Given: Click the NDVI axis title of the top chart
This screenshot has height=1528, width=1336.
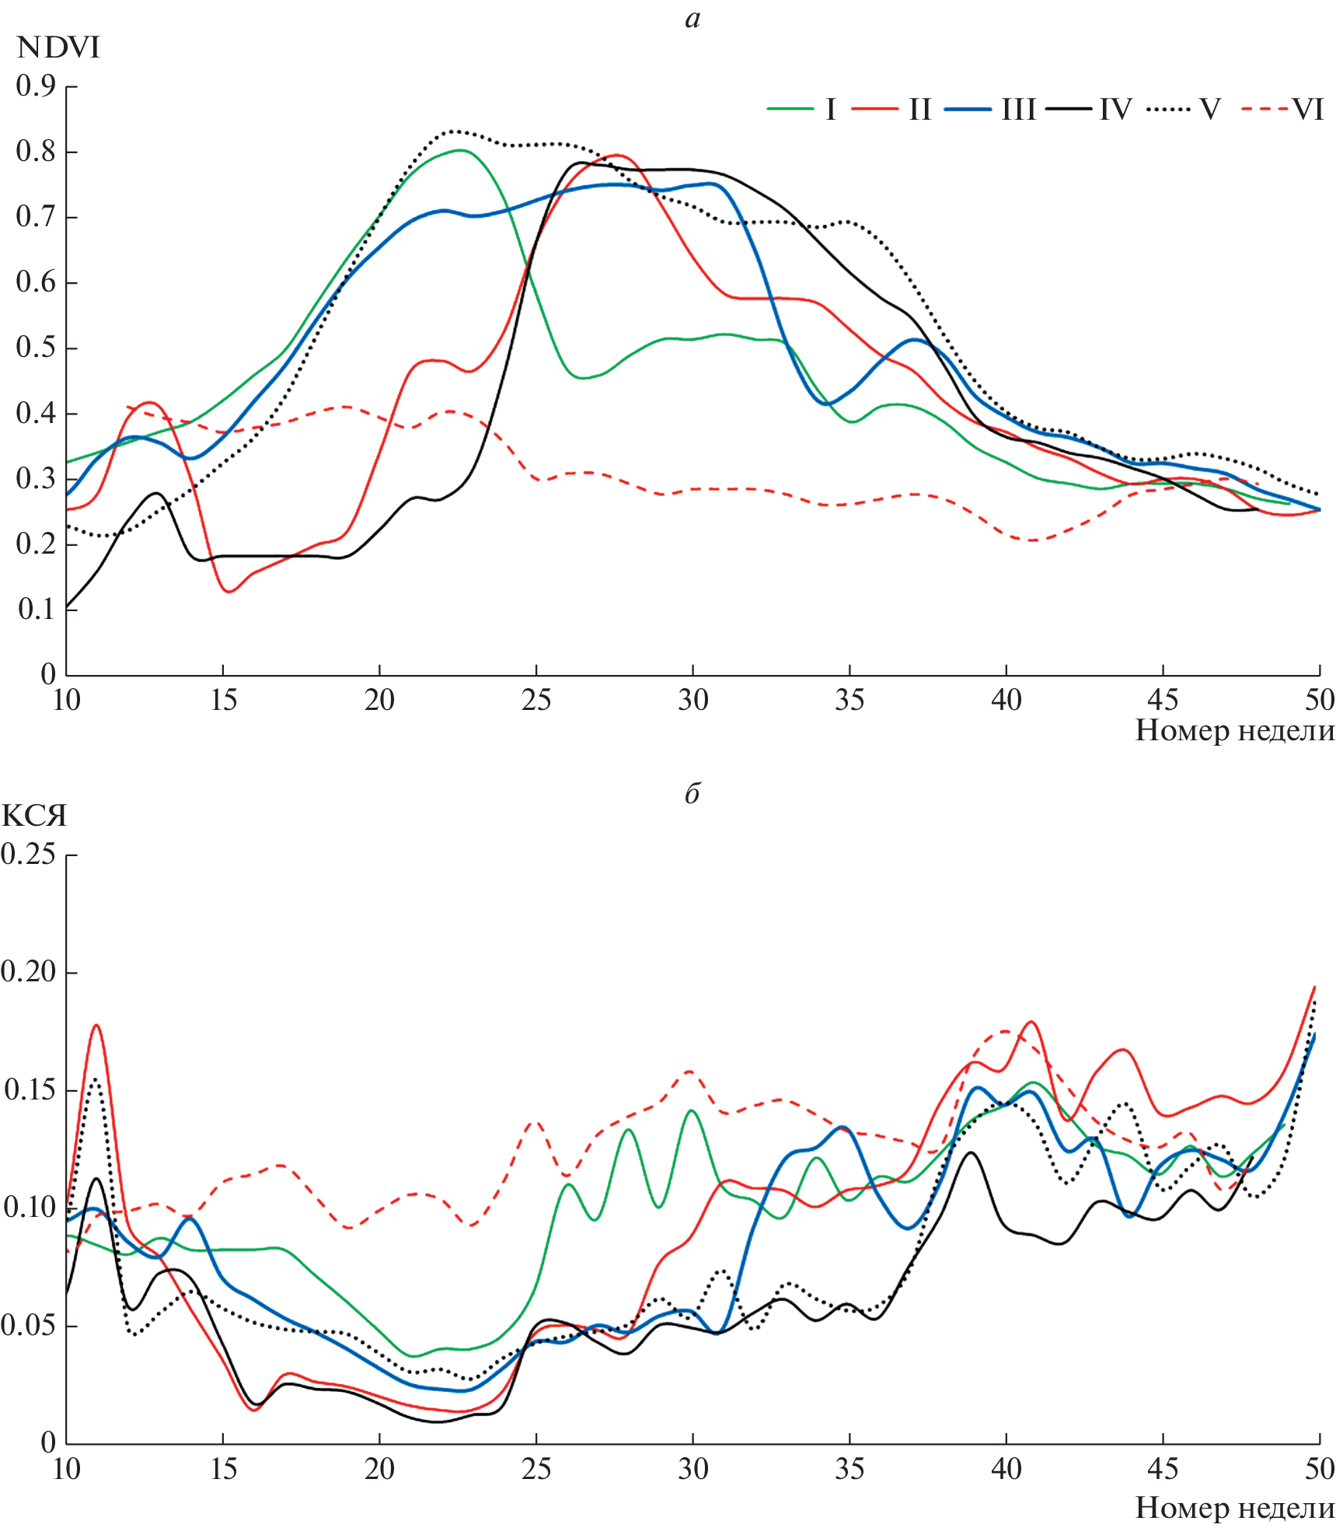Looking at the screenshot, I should click(x=58, y=48).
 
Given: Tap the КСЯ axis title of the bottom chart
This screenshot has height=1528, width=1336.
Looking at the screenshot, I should click(x=34, y=816).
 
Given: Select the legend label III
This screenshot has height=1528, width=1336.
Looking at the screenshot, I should click(x=1019, y=110).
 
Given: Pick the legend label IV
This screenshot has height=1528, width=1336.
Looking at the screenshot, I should click(x=1115, y=110).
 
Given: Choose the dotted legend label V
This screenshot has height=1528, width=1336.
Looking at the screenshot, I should click(x=1209, y=110).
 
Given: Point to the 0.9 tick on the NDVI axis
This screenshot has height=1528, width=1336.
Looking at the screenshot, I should click(x=36, y=86).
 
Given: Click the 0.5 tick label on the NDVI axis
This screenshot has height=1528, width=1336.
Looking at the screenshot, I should click(x=36, y=348).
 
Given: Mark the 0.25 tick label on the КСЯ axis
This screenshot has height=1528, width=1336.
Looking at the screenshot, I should click(x=29, y=855).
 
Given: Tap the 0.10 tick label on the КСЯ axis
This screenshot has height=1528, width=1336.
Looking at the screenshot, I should click(x=29, y=1208).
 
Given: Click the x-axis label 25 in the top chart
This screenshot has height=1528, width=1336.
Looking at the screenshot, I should click(x=536, y=701).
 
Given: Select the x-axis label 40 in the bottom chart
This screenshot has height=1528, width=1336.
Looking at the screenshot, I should click(x=1006, y=1469).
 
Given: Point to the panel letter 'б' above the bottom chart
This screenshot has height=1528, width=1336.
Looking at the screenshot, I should click(x=692, y=793).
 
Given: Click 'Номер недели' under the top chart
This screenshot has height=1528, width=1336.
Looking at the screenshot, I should click(x=1235, y=731).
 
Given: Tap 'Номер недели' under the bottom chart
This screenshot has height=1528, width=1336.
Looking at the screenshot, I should click(x=1235, y=1508).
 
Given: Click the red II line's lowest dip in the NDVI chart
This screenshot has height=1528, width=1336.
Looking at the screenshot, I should click(x=229, y=592).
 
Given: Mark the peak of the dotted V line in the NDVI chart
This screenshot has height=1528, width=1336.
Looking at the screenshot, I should click(x=455, y=131).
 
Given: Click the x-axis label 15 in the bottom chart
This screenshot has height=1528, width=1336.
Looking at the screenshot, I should click(x=223, y=1469).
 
